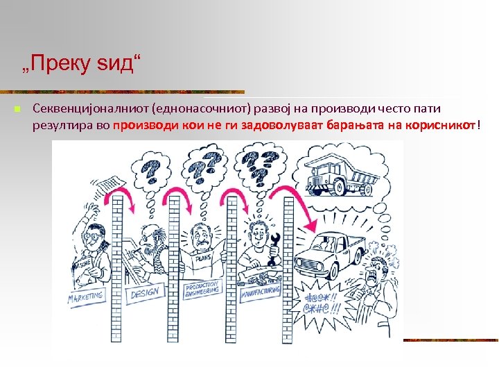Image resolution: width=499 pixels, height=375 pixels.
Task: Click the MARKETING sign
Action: tap(85, 296)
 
